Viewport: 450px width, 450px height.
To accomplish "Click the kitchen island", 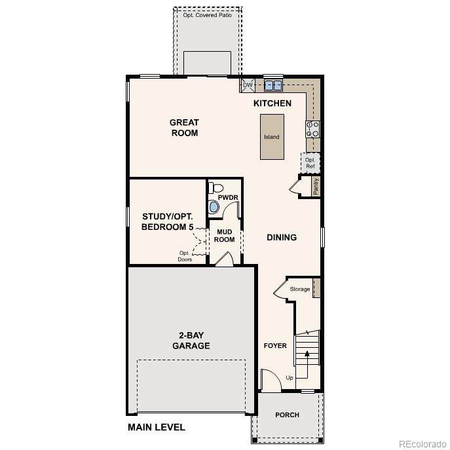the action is coord(272,137).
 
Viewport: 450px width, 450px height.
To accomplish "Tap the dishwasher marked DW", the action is coord(248,85).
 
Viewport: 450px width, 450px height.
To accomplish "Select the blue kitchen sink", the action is coord(273,85).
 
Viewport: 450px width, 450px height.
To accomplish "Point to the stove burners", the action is coord(312,129).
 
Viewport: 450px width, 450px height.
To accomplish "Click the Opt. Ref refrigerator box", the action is coord(310,163).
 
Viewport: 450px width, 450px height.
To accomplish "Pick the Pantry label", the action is coord(316,187).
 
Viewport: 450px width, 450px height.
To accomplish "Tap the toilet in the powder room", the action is coord(216,188).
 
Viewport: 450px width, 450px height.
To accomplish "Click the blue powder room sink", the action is coord(214,206).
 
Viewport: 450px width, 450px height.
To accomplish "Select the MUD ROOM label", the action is coord(225,236).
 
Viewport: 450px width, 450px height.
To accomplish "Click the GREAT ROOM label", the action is coord(184,128).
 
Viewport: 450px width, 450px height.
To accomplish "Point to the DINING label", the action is coord(282,237).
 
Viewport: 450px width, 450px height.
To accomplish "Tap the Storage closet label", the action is coord(300,289).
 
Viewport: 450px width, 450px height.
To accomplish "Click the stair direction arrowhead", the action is coord(307,353).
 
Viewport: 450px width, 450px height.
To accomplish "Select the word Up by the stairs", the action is coord(290,378).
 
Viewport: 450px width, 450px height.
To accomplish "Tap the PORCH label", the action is coord(288,415).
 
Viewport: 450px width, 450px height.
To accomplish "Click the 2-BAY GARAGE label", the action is coord(191,341).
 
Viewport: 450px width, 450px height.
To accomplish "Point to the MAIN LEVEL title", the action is coord(157,427).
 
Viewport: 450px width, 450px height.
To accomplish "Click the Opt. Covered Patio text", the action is coord(208,15).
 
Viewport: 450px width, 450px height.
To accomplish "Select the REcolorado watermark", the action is coord(422,444).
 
